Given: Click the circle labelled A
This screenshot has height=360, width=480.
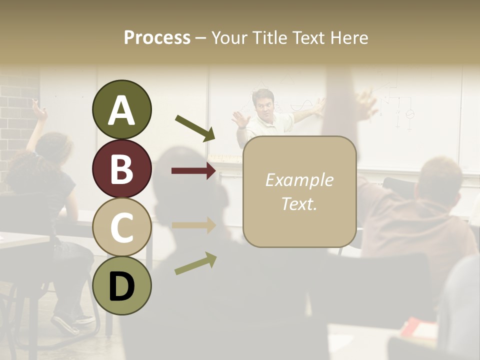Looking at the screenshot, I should click(121, 110).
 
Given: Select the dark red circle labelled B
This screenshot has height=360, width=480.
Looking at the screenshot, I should click(121, 169).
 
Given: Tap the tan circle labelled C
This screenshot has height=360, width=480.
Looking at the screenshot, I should click(121, 227).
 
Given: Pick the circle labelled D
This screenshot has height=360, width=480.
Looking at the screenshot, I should click(121, 286).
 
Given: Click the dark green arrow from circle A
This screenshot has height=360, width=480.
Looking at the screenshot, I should click(195, 128).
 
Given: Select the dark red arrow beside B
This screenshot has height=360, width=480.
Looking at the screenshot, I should click(193, 171).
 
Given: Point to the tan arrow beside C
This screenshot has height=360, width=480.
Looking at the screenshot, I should click(193, 225).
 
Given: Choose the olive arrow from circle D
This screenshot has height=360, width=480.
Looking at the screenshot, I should click(195, 263).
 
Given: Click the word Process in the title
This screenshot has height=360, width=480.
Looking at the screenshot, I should click(157, 37).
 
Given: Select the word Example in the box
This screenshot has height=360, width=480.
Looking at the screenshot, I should click(299, 180).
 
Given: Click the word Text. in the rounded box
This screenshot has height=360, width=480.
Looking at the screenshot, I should click(299, 203).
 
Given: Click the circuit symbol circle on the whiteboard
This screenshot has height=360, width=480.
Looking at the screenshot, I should click(409, 114).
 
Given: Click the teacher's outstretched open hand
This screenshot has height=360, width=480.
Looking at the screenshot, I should click(240, 119).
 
